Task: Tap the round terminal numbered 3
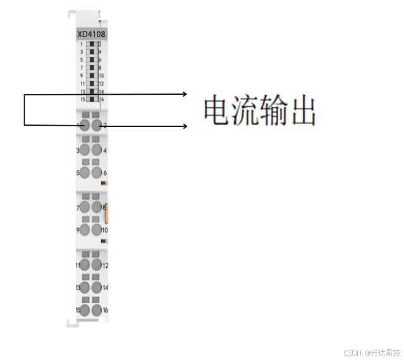pos(85,150)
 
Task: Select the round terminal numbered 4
pos(97,150)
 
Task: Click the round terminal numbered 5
pos(85,172)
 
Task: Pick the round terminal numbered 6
pos(97,172)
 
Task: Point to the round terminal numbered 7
pos(85,207)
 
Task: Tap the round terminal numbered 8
pos(97,207)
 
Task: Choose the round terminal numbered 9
pos(85,230)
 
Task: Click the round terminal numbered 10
pos(97,230)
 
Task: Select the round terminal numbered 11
pos(85,265)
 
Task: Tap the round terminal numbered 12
pos(97,265)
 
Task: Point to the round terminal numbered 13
pos(85,287)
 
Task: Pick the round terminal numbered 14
pos(97,287)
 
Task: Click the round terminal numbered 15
pos(85,310)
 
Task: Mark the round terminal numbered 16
pos(97,310)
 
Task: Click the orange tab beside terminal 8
pos(107,213)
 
